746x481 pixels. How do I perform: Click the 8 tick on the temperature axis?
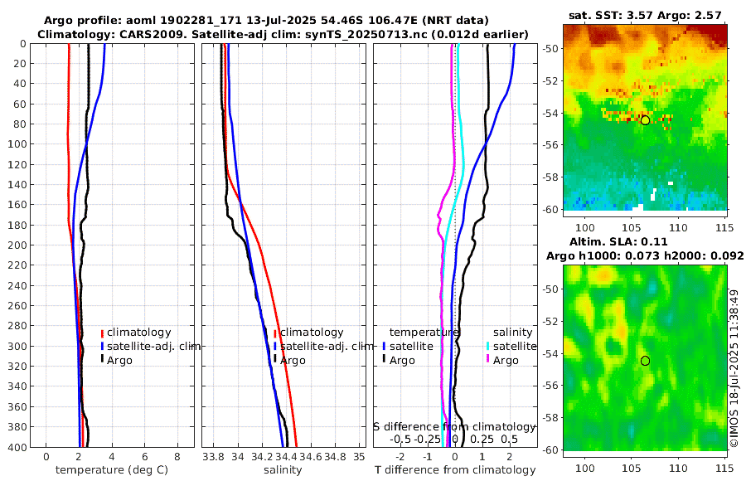click(177, 457)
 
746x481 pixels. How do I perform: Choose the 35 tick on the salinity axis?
click(359, 457)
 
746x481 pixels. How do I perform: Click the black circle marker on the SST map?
click(645, 120)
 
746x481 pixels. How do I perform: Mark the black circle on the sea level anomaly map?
click(645, 361)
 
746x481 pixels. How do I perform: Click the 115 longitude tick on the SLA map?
click(722, 468)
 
